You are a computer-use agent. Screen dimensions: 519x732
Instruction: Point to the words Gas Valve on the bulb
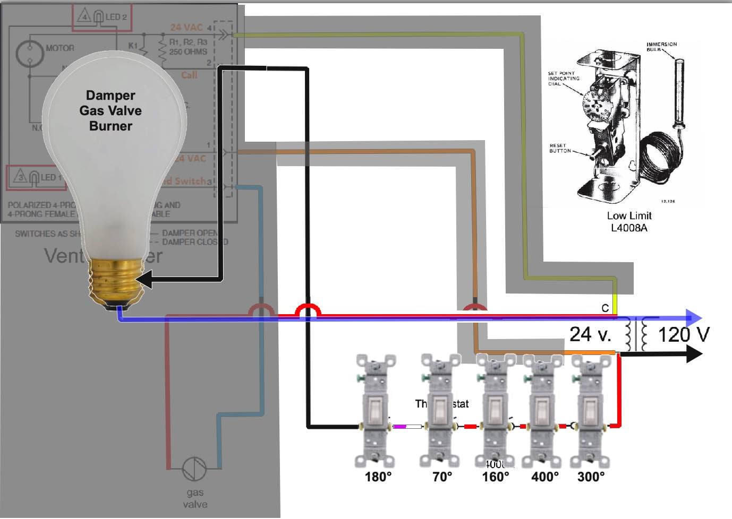coord(110,111)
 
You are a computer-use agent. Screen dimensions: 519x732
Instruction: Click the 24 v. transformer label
coord(590,334)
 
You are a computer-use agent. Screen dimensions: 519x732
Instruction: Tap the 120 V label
coord(683,335)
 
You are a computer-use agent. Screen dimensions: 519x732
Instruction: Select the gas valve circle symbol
coord(194,469)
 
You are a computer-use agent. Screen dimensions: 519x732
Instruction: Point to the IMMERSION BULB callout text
coord(661,47)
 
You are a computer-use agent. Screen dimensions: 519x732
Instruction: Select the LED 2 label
coord(116,17)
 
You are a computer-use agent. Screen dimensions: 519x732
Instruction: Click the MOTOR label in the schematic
coord(60,48)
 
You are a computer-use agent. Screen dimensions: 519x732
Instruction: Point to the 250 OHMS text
coord(188,51)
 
